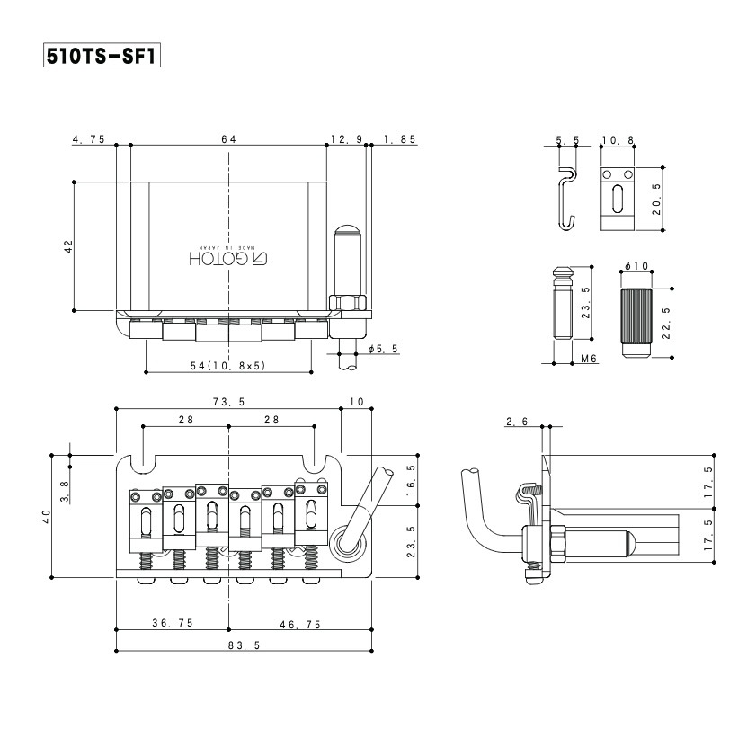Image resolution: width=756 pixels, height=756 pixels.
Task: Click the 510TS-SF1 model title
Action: click(102, 55)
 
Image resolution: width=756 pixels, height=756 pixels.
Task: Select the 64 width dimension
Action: click(228, 139)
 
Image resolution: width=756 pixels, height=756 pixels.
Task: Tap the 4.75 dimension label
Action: click(89, 139)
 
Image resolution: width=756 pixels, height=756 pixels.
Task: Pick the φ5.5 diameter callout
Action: click(383, 348)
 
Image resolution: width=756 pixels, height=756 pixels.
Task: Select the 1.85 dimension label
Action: click(399, 139)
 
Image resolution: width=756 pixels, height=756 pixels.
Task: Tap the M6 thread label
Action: click(590, 359)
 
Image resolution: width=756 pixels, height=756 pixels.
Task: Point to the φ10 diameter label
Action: click(636, 267)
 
